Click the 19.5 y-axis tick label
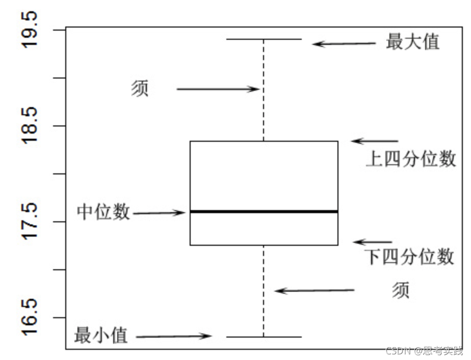pos(30,30)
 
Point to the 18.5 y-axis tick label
pos(30,125)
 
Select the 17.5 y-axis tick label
pos(30,221)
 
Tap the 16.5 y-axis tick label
pos(30,317)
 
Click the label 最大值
pos(413,42)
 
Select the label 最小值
pos(100,336)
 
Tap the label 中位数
pos(103,212)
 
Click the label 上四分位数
pos(411,160)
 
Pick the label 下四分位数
pos(409,256)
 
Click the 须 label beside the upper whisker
pos(140,89)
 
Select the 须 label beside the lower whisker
pos(401,290)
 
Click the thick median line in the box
pos(264,211)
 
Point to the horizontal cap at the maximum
pos(264,39)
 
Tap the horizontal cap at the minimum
pos(264,337)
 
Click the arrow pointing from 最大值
pos(344,44)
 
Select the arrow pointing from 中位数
pos(159,213)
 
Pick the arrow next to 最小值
pos(174,336)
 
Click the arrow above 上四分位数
pos(375,141)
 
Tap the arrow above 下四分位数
pos(373,242)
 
